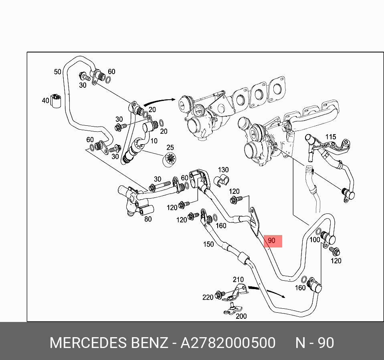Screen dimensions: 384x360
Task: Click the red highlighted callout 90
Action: pos(271,241)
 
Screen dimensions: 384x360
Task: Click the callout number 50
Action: pos(58,72)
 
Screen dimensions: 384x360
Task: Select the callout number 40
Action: pos(45,101)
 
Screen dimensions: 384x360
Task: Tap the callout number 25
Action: pos(170,148)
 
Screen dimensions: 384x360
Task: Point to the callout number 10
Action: pos(154,141)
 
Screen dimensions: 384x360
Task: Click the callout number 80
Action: pos(148,219)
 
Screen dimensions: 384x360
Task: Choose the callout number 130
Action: pos(223,170)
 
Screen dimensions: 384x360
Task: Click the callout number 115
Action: pos(330,137)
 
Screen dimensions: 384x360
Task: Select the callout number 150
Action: pos(208,244)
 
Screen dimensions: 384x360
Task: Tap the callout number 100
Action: pos(315,240)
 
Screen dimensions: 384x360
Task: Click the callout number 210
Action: pos(238,279)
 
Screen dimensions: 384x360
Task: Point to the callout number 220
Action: pos(208,297)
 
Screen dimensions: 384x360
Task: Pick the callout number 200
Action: pos(241,316)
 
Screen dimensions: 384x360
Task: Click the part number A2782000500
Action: pos(228,343)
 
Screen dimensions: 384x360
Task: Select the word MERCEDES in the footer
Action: pos(88,343)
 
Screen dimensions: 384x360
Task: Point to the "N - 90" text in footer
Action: pos(315,343)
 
